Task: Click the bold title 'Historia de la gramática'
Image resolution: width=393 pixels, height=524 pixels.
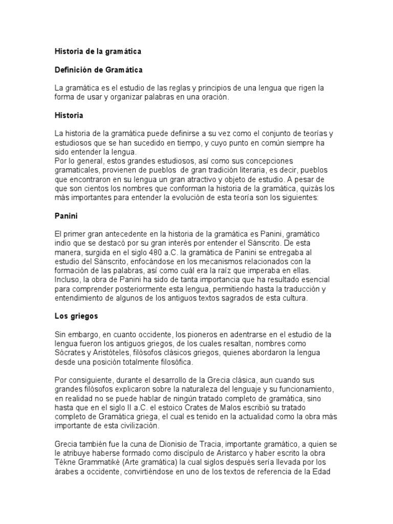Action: [x=98, y=52]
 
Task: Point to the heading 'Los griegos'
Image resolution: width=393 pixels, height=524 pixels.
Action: [x=76, y=316]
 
